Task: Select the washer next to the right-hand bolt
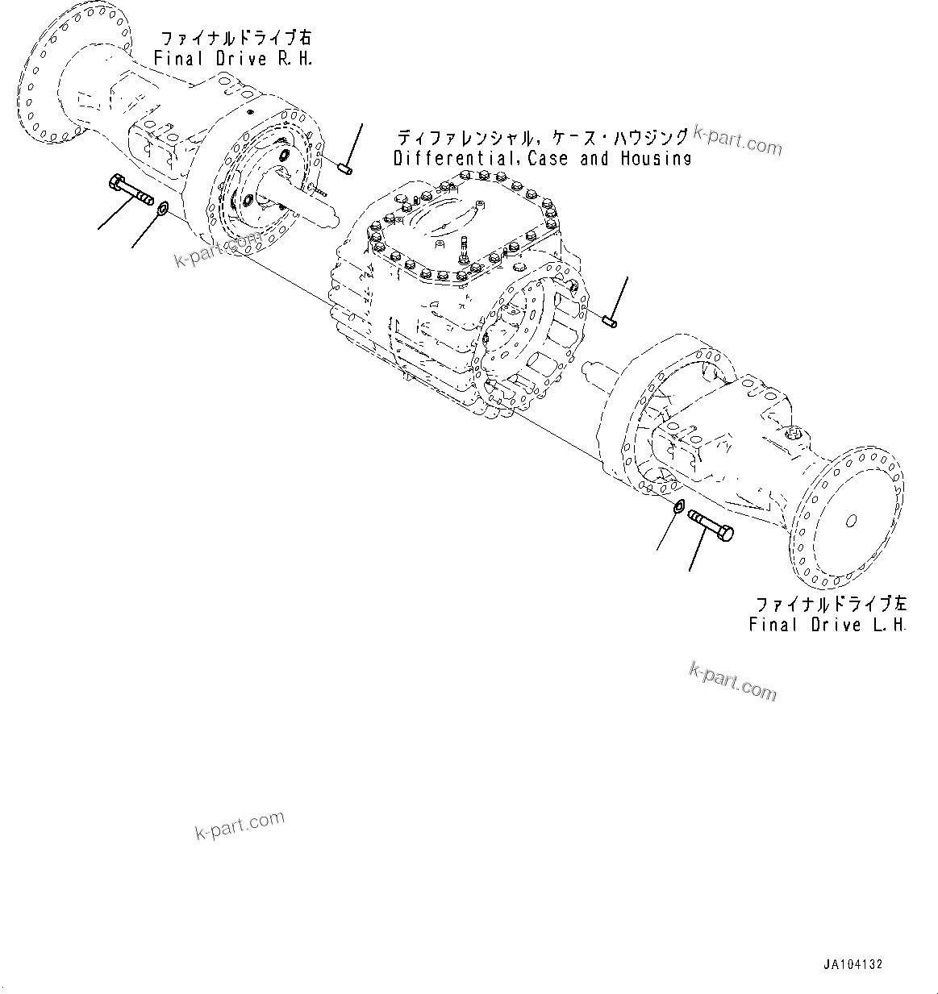click(161, 210)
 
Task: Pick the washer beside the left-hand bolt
click(678, 506)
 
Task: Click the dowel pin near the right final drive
click(344, 168)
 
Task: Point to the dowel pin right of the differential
click(610, 322)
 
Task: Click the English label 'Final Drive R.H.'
click(233, 59)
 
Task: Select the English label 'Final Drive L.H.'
click(828, 625)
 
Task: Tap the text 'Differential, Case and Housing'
click(542, 159)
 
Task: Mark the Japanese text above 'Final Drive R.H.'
click(235, 39)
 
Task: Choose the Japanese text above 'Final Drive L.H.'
click(831, 605)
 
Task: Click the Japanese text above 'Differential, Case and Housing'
click(543, 137)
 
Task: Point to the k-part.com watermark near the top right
click(739, 143)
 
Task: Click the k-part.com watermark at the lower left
click(240, 824)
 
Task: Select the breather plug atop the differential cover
click(465, 247)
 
